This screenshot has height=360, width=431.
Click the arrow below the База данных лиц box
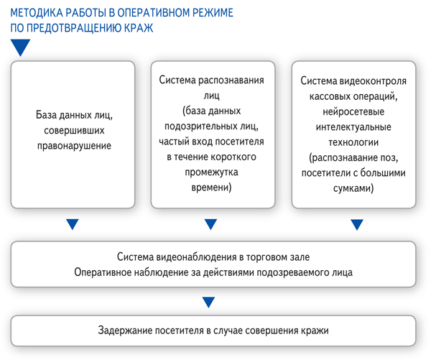73,224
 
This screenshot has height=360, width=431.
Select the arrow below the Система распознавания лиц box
210,224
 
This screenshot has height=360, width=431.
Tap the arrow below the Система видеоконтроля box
357,224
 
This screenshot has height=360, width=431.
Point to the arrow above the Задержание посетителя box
208,302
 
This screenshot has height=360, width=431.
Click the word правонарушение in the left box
74,145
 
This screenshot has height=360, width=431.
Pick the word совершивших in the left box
74,130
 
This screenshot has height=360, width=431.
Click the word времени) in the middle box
211,188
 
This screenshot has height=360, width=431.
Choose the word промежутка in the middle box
211,172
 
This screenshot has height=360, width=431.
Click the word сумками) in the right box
353,188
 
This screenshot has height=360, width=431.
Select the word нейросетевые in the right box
353,111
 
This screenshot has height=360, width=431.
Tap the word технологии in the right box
353,142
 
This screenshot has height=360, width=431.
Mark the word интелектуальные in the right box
353,127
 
